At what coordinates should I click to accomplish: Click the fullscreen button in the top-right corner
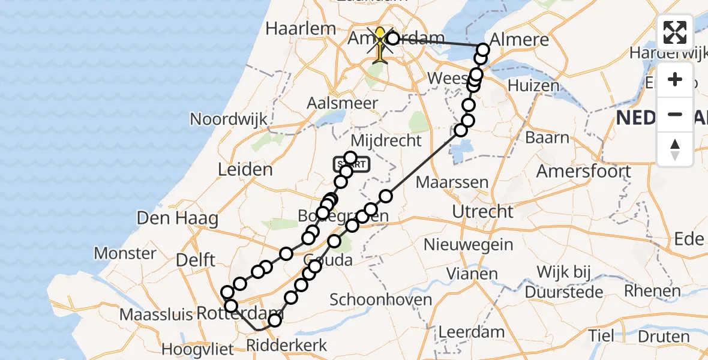(x=675, y=32)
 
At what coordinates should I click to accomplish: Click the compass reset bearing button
(x=675, y=149)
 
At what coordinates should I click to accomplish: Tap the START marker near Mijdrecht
(x=352, y=164)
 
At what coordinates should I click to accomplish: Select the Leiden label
(x=246, y=169)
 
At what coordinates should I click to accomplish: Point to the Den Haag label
(x=178, y=218)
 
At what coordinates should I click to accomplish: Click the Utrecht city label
(x=483, y=211)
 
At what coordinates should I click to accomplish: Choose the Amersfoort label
(x=583, y=171)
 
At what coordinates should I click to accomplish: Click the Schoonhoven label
(x=381, y=299)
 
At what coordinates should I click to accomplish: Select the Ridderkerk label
(x=287, y=345)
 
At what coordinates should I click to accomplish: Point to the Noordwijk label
(x=229, y=119)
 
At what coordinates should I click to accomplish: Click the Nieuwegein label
(x=468, y=244)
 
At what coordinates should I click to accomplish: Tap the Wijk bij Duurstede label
(x=569, y=282)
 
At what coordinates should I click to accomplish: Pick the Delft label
(x=195, y=260)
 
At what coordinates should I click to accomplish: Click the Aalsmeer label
(x=342, y=103)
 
